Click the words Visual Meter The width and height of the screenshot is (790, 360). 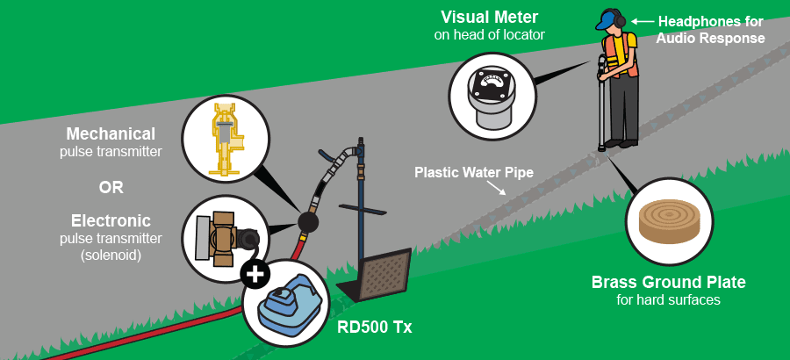pyautogui.click(x=489, y=18)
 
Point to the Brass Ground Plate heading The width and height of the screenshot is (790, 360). pyautogui.click(x=668, y=282)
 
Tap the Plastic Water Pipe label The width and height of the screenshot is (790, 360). pyautogui.click(x=474, y=172)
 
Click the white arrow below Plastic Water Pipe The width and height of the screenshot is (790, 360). pyautogui.click(x=496, y=188)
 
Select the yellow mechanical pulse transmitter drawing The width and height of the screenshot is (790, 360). pyautogui.click(x=226, y=140)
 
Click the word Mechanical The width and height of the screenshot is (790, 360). pyautogui.click(x=111, y=133)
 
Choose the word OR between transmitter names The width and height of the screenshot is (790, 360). pyautogui.click(x=111, y=187)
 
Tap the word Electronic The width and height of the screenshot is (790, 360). pyautogui.click(x=111, y=221)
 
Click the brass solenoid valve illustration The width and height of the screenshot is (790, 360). pyautogui.click(x=225, y=238)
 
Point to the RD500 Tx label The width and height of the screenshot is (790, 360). pyautogui.click(x=374, y=328)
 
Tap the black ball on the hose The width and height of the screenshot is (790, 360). pyautogui.click(x=308, y=221)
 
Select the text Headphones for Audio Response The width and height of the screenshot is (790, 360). pyautogui.click(x=710, y=30)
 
